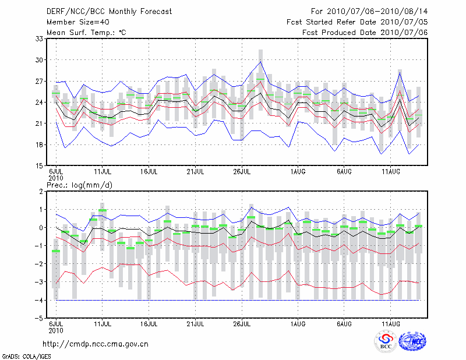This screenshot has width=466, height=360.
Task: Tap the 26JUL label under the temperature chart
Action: pos(242,172)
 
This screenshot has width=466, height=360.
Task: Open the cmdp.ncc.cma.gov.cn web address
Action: pos(96,344)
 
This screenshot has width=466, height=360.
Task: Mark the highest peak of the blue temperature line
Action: pos(261,61)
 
